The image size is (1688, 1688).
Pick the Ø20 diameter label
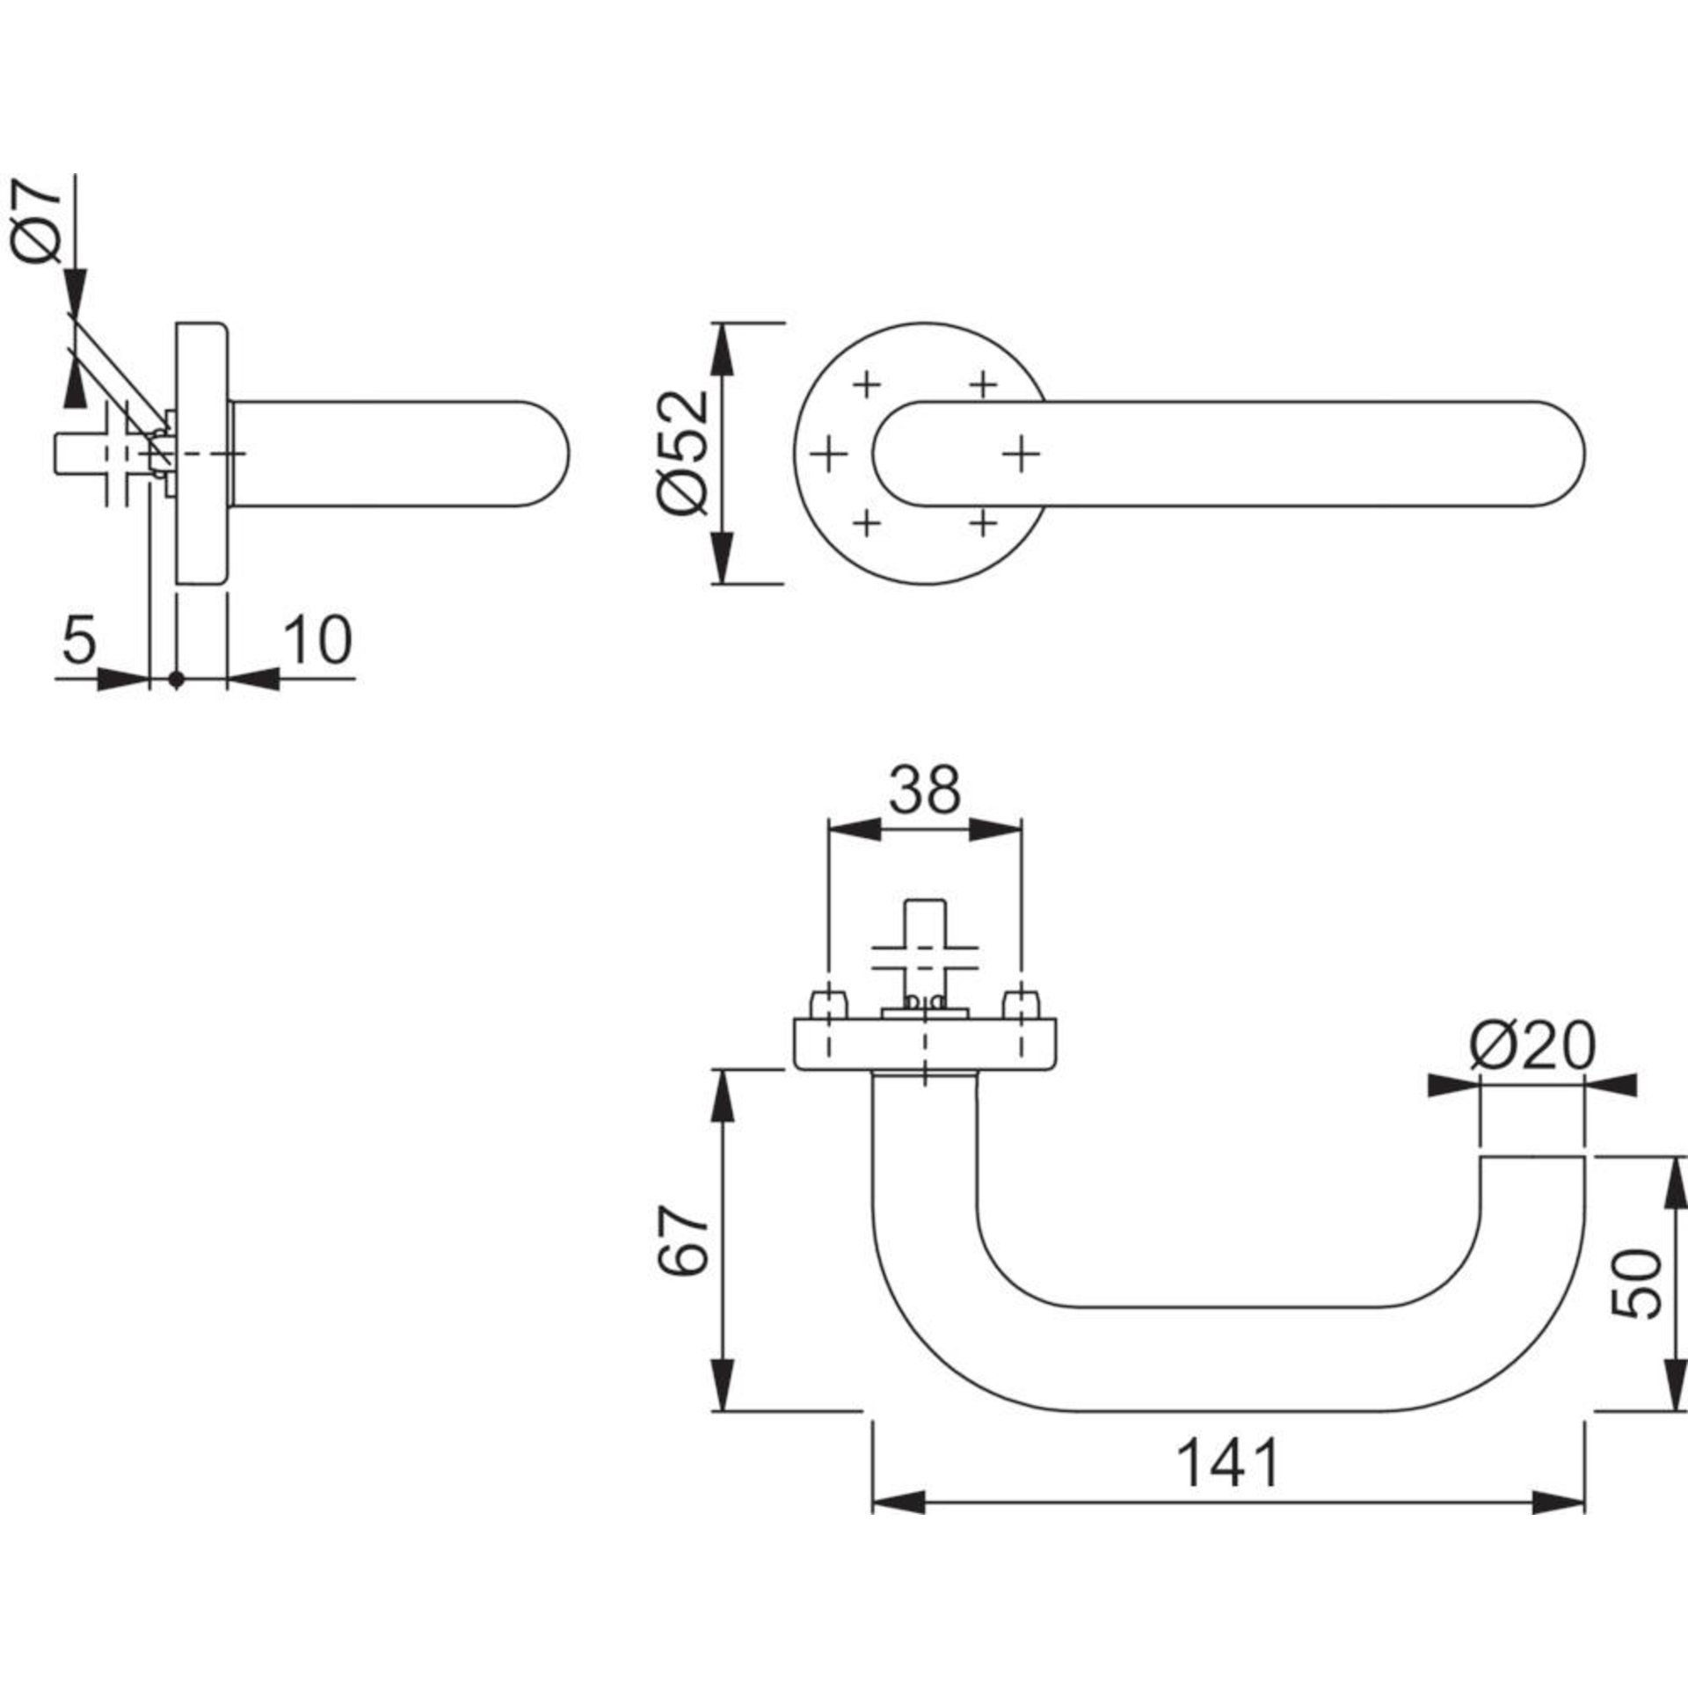(1532, 1047)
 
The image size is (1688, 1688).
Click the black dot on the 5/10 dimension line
(177, 679)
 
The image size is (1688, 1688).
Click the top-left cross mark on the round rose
(867, 383)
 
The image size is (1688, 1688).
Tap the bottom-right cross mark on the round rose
(984, 524)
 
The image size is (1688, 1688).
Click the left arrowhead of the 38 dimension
(855, 828)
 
